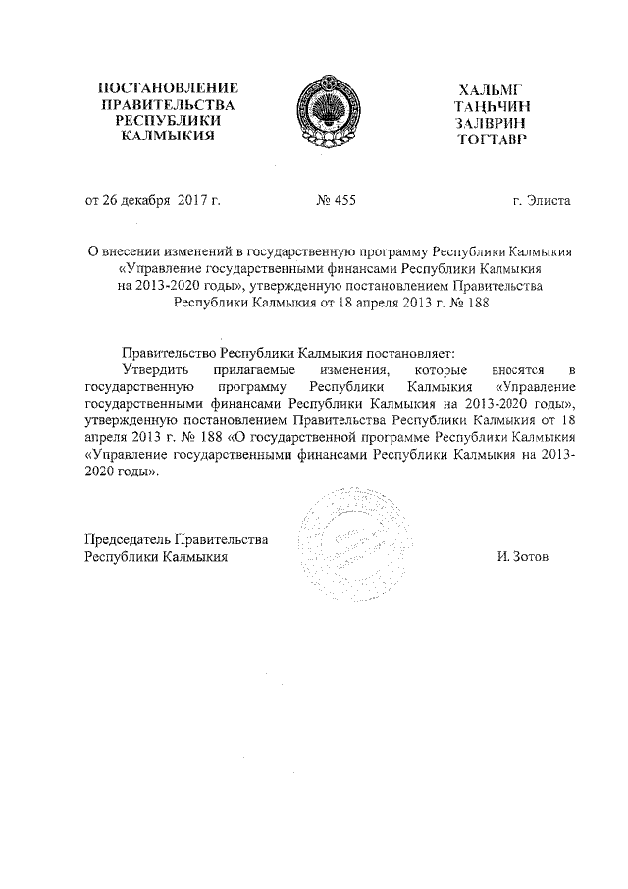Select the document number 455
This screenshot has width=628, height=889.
click(x=342, y=201)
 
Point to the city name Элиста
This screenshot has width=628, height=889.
click(x=548, y=201)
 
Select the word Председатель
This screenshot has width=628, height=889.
click(x=128, y=539)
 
